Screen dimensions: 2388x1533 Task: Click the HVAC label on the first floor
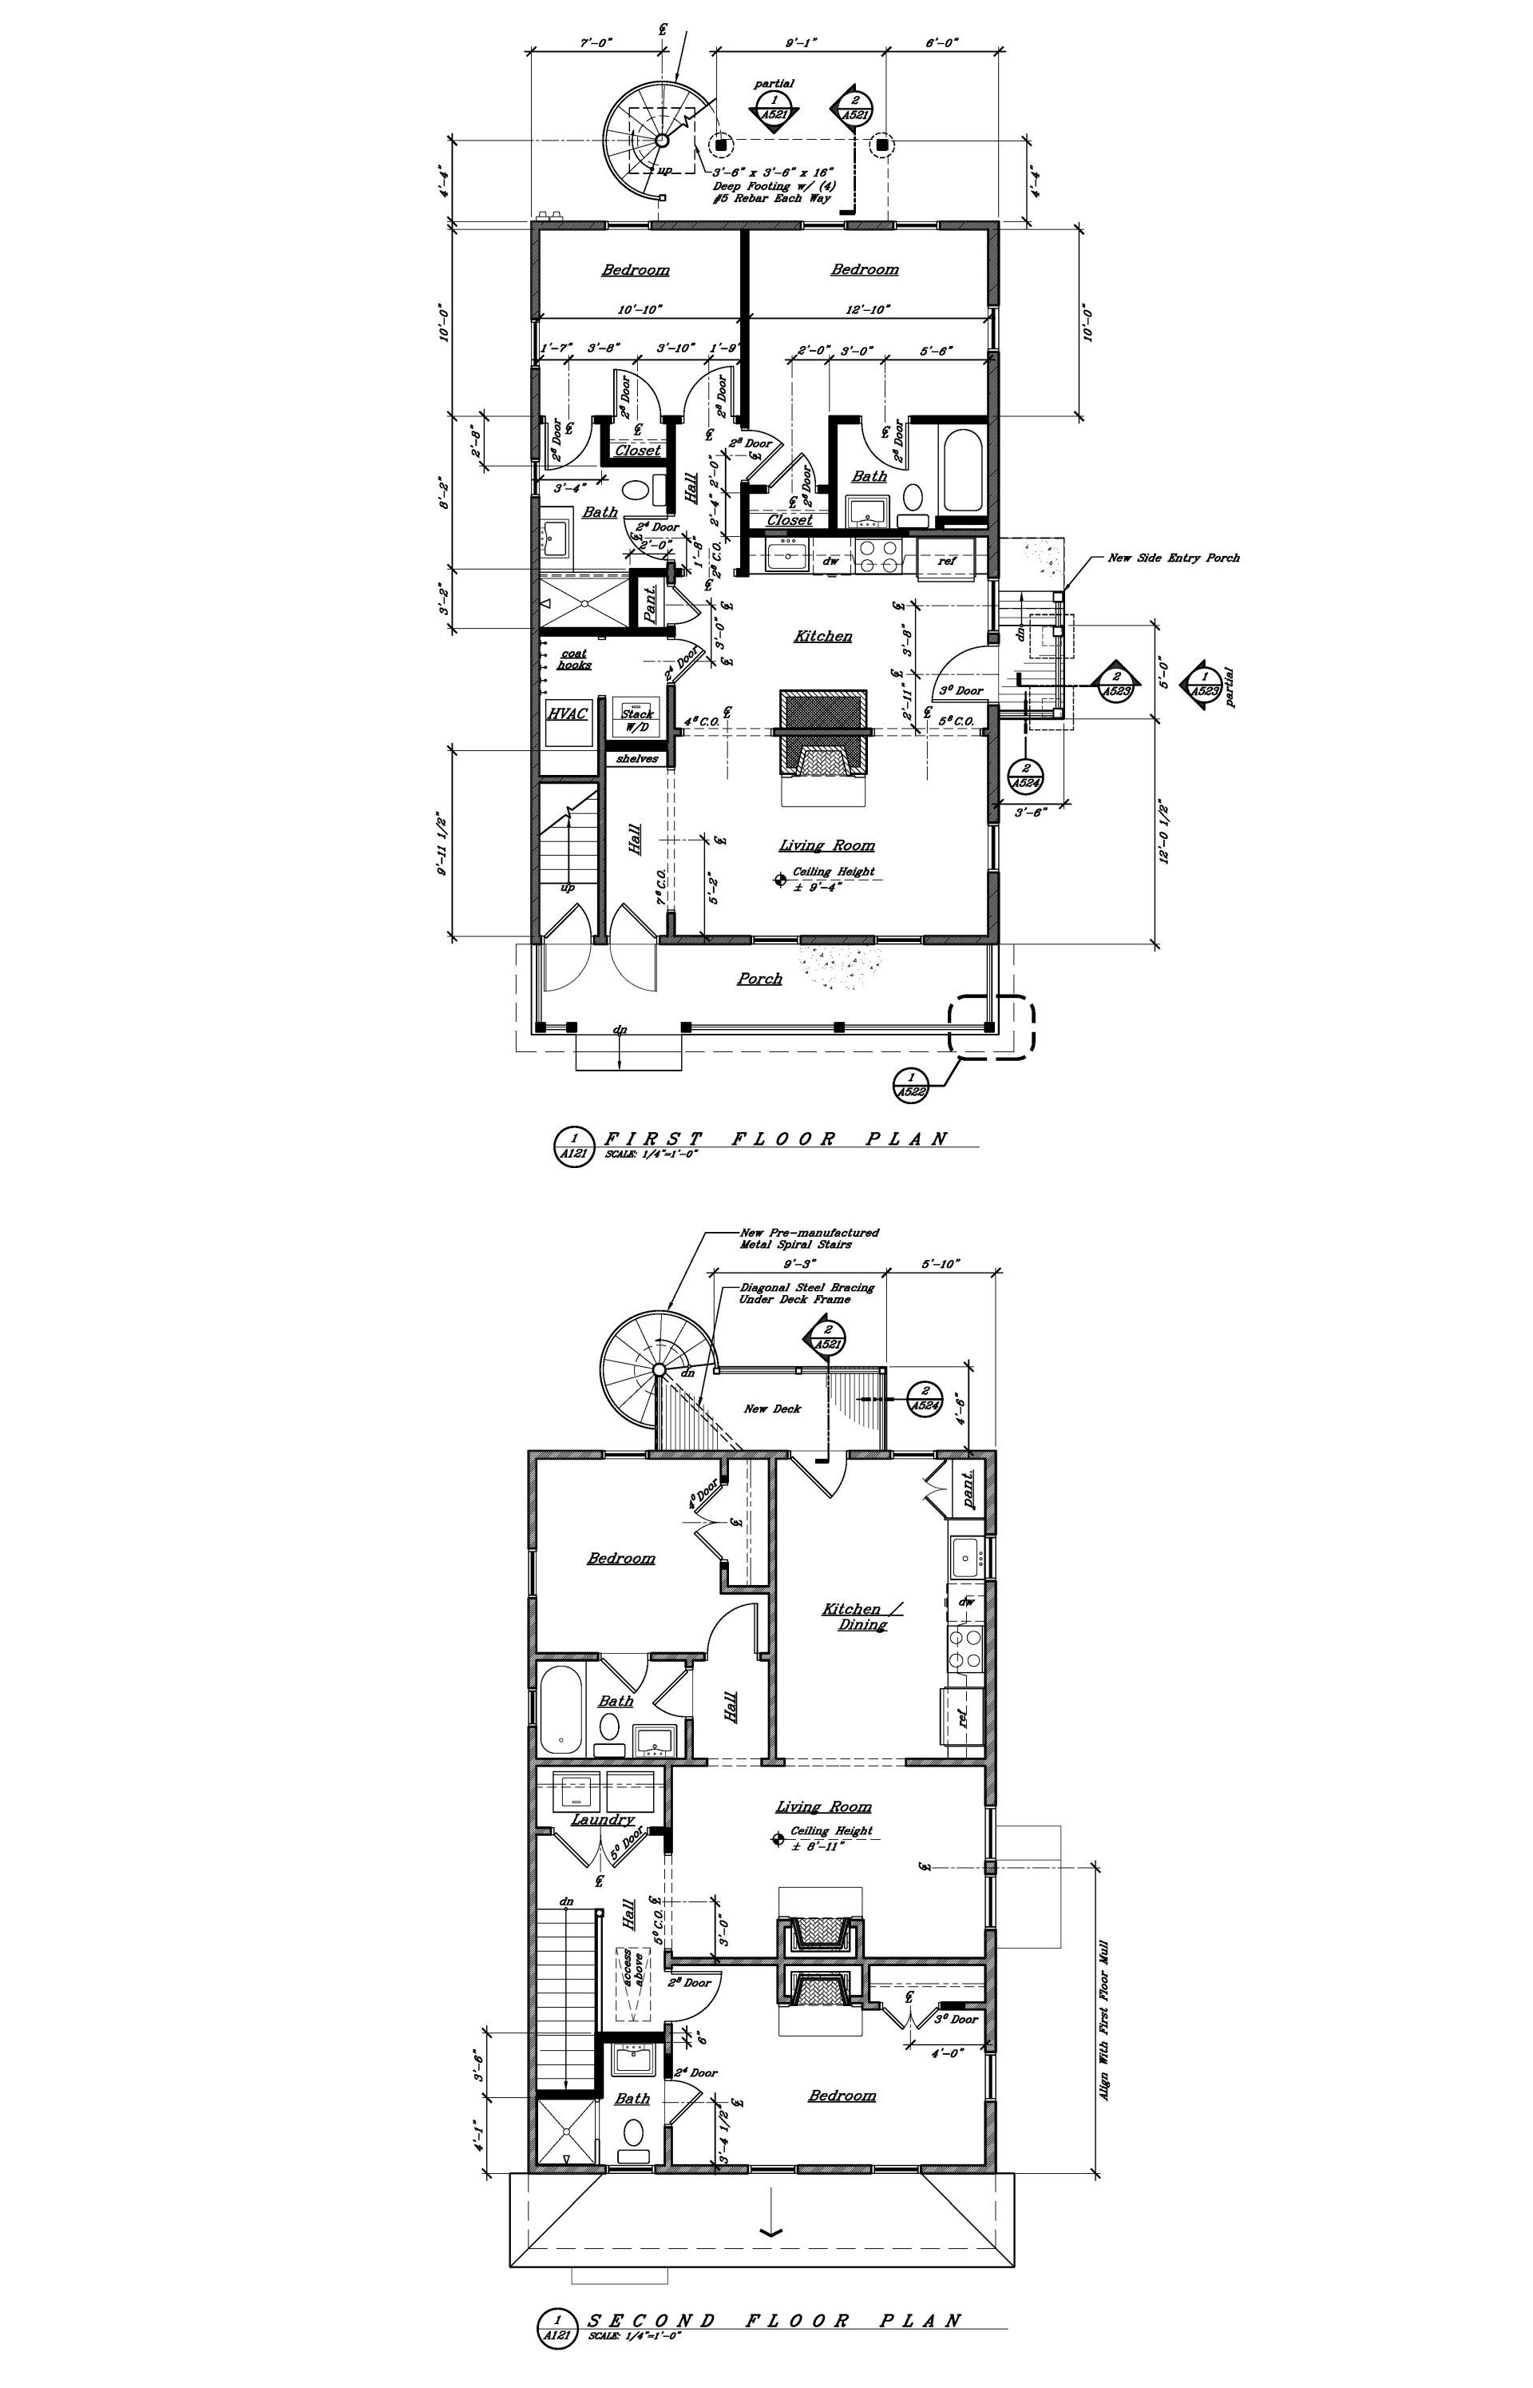tap(568, 714)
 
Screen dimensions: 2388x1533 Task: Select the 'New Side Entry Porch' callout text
tap(1174, 558)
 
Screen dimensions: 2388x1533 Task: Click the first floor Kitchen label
tap(823, 635)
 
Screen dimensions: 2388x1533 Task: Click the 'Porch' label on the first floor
tap(759, 979)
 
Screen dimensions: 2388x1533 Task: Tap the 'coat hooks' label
tap(574, 659)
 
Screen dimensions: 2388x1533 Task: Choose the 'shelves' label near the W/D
tap(637, 759)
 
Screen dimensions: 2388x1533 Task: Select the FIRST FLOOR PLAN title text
tap(776, 1138)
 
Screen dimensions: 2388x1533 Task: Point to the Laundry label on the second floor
tap(602, 1819)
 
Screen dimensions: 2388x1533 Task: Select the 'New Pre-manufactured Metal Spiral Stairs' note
tap(808, 1238)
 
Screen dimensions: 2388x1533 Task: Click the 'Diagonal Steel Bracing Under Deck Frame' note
tap(806, 1293)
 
